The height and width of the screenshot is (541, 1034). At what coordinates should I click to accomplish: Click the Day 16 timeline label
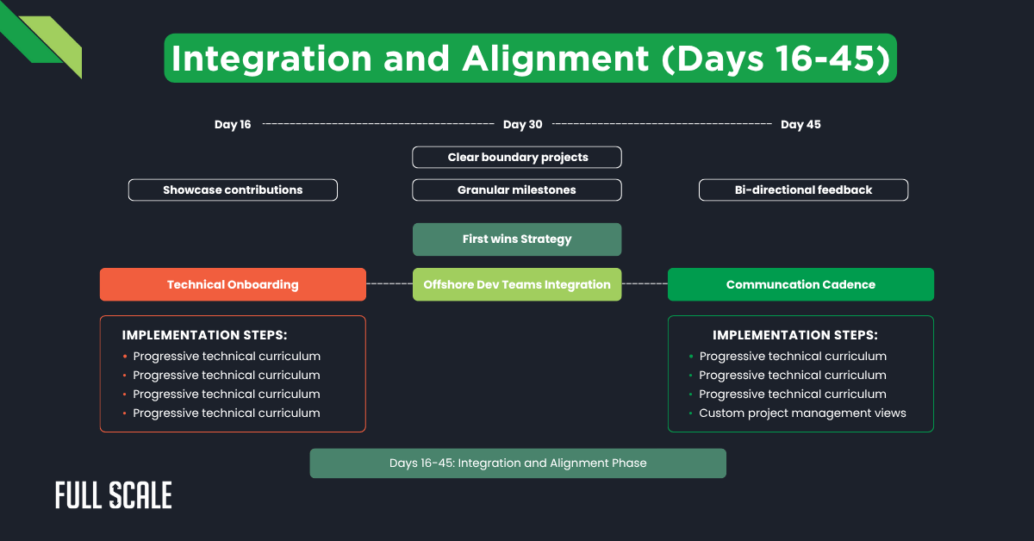click(x=233, y=125)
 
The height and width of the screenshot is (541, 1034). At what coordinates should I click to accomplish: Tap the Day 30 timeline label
click(x=523, y=125)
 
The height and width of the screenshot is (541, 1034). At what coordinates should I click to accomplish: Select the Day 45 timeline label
click(x=800, y=125)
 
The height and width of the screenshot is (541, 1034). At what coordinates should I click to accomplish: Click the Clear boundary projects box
click(x=517, y=157)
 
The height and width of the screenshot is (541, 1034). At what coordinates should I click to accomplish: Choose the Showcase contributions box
click(x=233, y=190)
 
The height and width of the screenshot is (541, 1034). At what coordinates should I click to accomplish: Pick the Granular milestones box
click(x=517, y=190)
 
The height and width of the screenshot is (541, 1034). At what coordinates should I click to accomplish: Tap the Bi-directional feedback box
click(x=803, y=190)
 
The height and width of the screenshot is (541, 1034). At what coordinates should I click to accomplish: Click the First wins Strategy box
click(x=517, y=239)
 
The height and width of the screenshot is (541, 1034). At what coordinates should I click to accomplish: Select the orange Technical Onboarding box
click(x=233, y=284)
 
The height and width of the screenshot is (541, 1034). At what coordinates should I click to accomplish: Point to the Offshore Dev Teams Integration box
click(x=517, y=284)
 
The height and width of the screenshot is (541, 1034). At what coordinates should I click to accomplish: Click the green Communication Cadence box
click(x=800, y=284)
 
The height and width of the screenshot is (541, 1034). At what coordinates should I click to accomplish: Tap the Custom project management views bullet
click(x=802, y=413)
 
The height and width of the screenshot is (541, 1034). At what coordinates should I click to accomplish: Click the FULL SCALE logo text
click(x=114, y=495)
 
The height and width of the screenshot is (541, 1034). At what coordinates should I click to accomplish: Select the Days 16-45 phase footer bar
click(x=518, y=463)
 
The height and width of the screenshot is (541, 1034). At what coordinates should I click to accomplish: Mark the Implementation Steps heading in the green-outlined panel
click(x=795, y=335)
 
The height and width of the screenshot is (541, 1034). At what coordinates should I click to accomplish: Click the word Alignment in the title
click(x=556, y=59)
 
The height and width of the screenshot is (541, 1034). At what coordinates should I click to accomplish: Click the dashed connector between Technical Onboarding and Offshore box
click(x=389, y=283)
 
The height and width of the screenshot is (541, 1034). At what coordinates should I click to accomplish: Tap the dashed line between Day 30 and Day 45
click(x=662, y=124)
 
